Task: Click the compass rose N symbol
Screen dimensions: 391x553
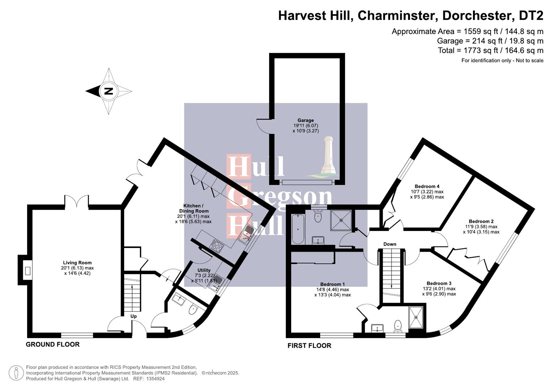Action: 108,91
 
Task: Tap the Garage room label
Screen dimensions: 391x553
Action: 305,121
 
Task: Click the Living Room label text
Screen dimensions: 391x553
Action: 77,263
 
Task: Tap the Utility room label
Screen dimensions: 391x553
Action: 204,270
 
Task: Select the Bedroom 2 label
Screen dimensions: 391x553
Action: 481,222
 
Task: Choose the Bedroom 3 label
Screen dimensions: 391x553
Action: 439,283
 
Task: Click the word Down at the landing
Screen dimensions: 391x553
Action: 390,244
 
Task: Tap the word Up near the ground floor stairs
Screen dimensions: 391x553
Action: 133,316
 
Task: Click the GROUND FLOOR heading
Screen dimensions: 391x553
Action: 53,344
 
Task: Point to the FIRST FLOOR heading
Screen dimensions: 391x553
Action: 309,346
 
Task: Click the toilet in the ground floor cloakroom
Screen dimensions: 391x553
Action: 193,310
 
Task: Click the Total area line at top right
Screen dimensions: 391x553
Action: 490,50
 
